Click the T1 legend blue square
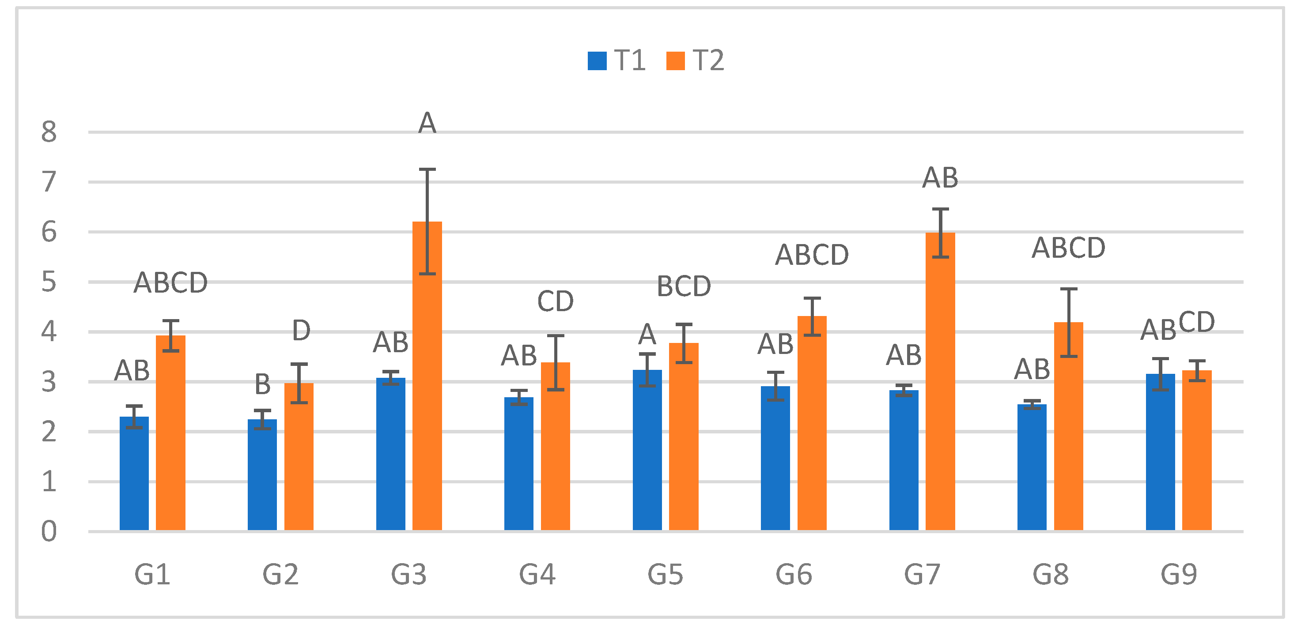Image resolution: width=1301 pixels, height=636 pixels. pyautogui.click(x=597, y=61)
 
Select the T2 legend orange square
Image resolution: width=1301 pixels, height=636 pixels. pyautogui.click(x=675, y=61)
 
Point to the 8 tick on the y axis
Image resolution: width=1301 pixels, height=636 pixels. pyautogui.click(x=49, y=132)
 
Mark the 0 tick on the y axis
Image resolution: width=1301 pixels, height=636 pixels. pyautogui.click(x=49, y=531)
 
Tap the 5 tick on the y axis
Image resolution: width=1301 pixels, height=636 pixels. pyautogui.click(x=49, y=282)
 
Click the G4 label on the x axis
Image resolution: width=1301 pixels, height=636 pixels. pyautogui.click(x=537, y=574)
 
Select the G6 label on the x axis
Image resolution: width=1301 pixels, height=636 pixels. pyautogui.click(x=794, y=574)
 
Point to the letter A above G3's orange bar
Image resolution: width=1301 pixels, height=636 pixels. pyautogui.click(x=427, y=123)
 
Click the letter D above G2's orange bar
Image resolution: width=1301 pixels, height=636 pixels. pyautogui.click(x=301, y=331)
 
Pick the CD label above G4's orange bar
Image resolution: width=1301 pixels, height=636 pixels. pyautogui.click(x=556, y=301)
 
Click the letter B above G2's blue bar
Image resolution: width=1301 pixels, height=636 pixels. pyautogui.click(x=263, y=384)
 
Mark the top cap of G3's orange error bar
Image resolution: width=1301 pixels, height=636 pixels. pyautogui.click(x=427, y=169)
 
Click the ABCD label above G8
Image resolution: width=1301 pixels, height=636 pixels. pyautogui.click(x=1069, y=248)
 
